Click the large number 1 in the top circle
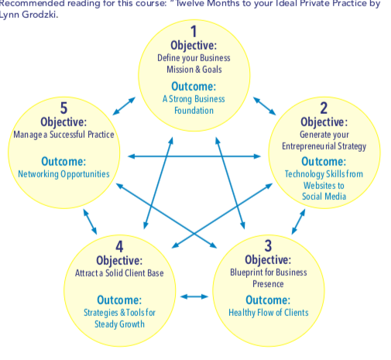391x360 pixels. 194,32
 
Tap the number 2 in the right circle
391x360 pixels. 324,108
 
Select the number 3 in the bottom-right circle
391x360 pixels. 268,245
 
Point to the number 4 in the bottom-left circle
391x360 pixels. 119,246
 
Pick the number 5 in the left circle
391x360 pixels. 63,108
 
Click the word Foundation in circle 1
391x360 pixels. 194,111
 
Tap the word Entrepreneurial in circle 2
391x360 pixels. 309,146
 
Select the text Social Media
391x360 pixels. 324,197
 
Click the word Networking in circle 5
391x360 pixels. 38,174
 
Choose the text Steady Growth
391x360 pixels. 119,324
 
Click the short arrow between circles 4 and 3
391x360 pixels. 194,297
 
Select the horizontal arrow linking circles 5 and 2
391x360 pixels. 194,156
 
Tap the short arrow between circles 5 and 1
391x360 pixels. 124,106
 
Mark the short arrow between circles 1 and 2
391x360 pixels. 265,106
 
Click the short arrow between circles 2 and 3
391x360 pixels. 299,221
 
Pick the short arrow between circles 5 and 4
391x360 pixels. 90,221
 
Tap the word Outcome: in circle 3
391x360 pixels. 268,300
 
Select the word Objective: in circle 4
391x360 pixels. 119,261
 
